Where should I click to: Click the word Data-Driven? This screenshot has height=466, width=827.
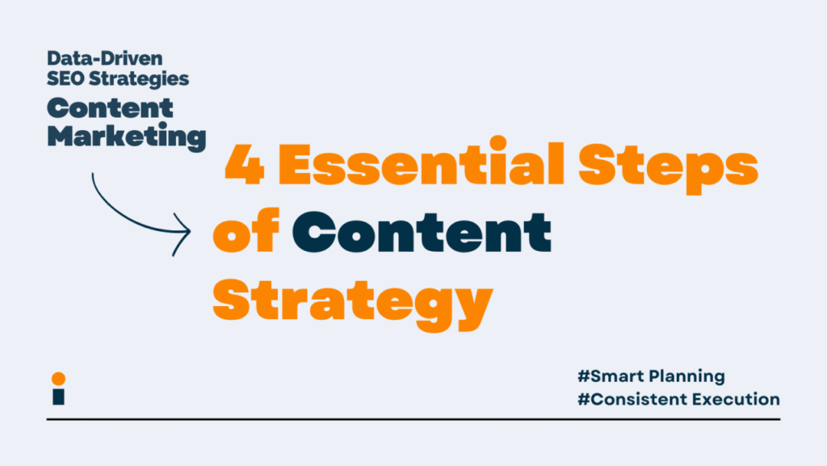coord(104,58)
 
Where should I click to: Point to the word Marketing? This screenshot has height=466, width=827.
coord(127,136)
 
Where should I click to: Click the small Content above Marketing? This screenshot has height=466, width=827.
coord(110,108)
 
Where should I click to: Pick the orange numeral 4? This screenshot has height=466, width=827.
coord(245,165)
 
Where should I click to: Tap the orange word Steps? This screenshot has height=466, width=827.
coord(668,166)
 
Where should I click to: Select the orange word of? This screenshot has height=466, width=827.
coord(246,229)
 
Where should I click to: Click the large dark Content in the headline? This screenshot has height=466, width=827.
coord(422,232)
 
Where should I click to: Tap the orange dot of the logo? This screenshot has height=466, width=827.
coord(58,379)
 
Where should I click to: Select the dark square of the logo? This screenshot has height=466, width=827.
coord(58,397)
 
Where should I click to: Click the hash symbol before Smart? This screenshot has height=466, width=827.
coord(583,376)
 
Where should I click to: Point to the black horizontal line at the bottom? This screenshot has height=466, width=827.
coord(413,420)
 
